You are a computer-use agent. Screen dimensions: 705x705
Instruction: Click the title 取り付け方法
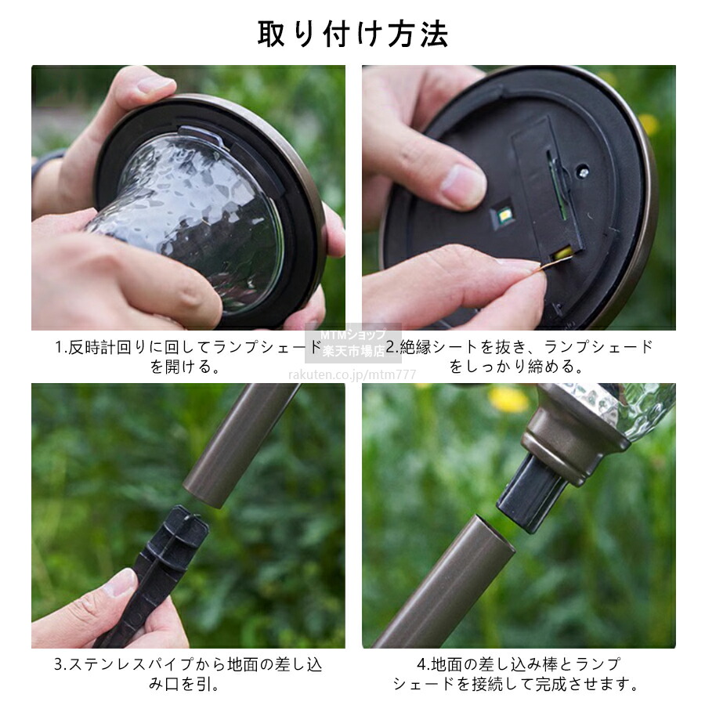tap(352, 34)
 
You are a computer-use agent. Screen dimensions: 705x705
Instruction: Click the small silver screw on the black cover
tap(583, 172)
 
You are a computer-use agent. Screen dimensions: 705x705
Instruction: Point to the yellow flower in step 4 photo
tap(508, 399)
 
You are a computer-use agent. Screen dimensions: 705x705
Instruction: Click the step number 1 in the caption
tap(59, 348)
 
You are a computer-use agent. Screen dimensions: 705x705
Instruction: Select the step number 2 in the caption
tap(390, 347)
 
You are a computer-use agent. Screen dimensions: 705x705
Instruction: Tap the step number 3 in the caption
tap(59, 664)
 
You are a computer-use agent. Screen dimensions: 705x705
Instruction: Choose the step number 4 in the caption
tap(421, 664)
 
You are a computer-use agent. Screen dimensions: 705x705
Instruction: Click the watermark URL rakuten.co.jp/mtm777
tap(352, 374)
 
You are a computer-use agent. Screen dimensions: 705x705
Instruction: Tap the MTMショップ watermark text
tap(353, 334)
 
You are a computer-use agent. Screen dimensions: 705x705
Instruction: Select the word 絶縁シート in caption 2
tap(432, 347)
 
